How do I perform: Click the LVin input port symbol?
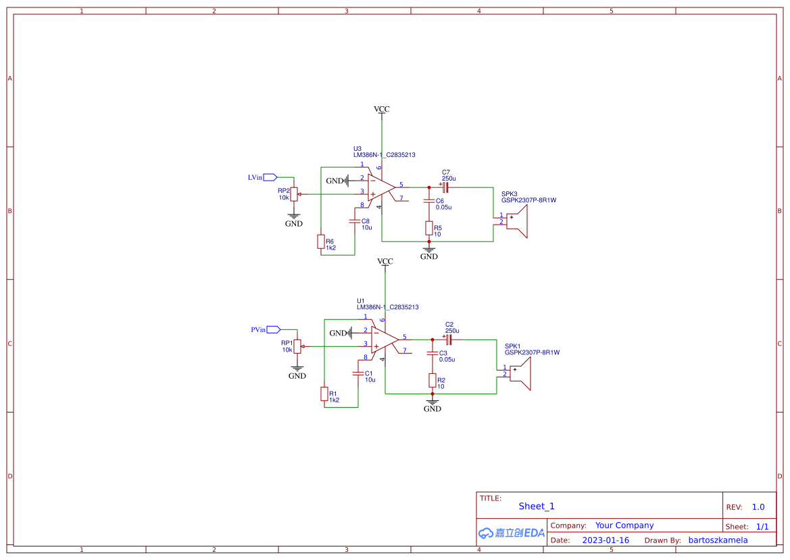[x=270, y=177]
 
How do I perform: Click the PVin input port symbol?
[x=273, y=329]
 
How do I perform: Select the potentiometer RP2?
[x=294, y=194]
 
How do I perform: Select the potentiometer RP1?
[x=297, y=346]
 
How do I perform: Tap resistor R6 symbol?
[x=321, y=242]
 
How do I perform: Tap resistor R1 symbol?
[x=324, y=394]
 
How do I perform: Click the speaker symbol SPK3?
[x=516, y=221]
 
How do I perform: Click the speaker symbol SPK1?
[x=520, y=374]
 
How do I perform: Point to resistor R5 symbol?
[x=428, y=228]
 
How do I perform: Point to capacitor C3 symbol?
[x=433, y=353]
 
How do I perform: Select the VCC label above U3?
[x=382, y=109]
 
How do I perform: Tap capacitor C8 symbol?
[x=354, y=220]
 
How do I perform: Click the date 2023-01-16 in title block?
[x=606, y=540]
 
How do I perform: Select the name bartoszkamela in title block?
[x=718, y=540]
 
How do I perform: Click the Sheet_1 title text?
[x=537, y=506]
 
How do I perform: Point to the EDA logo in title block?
[x=511, y=533]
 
